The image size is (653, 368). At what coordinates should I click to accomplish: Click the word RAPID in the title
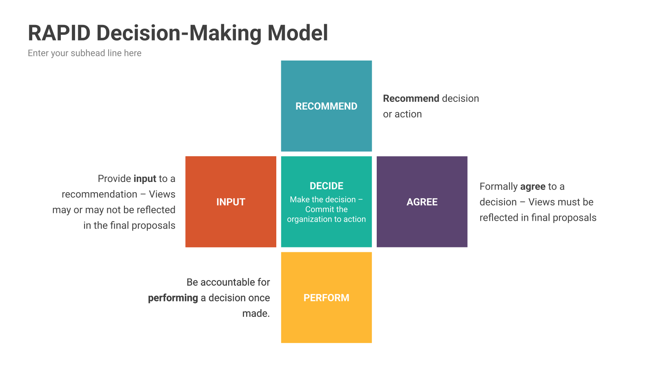pos(59,33)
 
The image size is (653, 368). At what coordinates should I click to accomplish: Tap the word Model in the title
pos(298,33)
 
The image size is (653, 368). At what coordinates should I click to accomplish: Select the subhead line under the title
pos(84,53)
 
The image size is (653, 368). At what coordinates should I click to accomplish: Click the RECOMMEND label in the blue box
pos(326,106)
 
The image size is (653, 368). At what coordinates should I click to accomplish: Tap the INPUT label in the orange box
pos(231,202)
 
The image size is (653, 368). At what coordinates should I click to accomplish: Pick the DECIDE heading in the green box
pos(326,186)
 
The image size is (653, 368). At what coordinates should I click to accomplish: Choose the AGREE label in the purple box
pos(422,202)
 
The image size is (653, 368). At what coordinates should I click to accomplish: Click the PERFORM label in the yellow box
pos(326,298)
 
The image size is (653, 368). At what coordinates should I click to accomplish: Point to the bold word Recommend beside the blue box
pos(411,99)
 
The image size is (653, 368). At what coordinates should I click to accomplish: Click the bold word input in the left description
pos(145,179)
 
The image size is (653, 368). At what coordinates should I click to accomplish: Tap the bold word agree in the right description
pos(533,187)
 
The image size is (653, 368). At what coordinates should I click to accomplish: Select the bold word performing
pos(173,298)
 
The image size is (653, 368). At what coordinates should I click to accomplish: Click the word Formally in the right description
pos(498,186)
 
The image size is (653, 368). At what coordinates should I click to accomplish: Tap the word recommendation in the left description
pos(100,194)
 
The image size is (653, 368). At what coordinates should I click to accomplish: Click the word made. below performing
pos(256,313)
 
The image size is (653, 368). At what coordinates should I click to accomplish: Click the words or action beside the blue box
pos(402,114)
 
